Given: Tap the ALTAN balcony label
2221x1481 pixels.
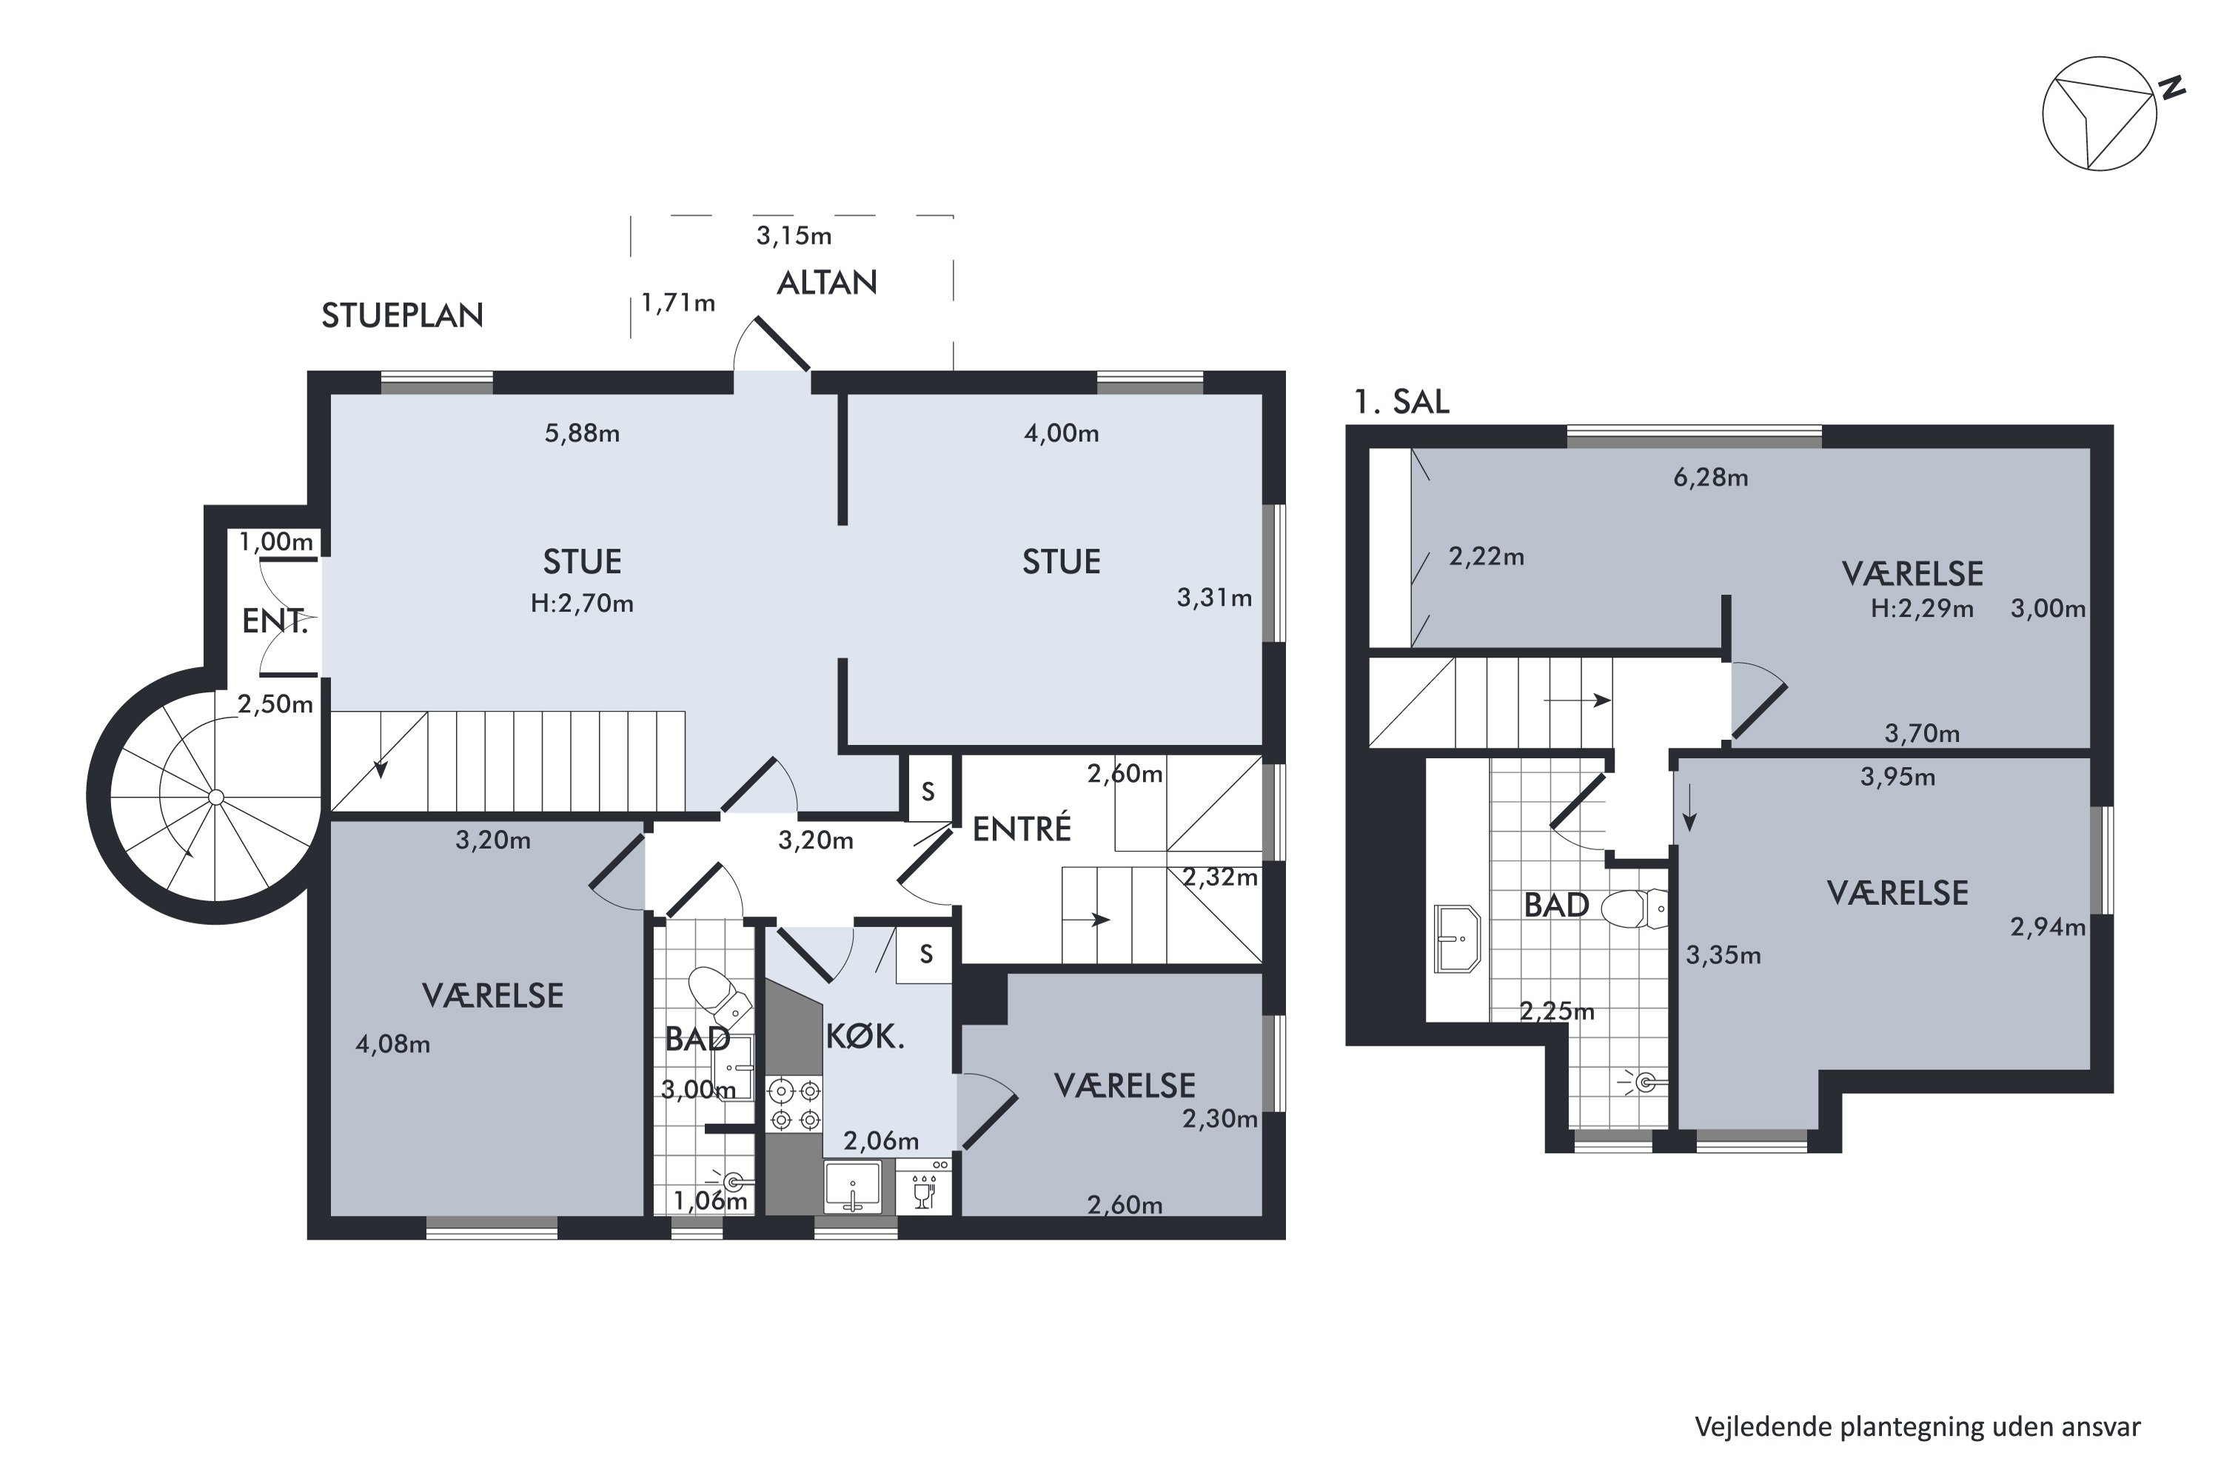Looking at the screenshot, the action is pos(826,282).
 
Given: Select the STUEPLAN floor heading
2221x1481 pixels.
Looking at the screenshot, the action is pos(402,315).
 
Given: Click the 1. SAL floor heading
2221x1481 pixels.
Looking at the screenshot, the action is pos(1401,402).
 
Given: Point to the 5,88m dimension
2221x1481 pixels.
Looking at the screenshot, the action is pos(582,433).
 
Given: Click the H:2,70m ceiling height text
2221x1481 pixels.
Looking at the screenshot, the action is pos(582,604).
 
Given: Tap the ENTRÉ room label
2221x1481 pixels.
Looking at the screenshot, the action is pos(1022,829).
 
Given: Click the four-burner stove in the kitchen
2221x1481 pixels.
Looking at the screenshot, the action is pos(795,1105).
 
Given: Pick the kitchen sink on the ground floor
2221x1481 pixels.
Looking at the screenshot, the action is pos(853,1187).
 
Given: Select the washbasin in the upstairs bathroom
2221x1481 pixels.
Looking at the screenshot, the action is pos(1457,938).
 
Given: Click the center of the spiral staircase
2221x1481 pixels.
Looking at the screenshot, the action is pos(216,798).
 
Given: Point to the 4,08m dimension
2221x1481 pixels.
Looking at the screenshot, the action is pos(393,1045).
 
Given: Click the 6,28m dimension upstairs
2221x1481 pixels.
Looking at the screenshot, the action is pos(1710,478).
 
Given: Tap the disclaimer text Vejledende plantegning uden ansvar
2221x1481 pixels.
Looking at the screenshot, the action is pos(1917,1427).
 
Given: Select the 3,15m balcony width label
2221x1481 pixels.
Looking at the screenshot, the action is pos(793,235).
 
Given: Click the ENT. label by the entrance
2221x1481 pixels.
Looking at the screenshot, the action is pos(275,621).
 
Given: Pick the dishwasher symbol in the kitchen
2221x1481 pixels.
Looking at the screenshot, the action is pos(923,1187).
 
